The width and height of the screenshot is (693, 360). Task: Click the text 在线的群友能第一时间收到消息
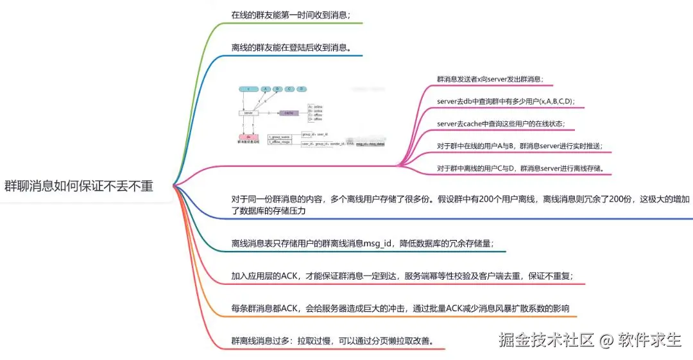tap(291, 15)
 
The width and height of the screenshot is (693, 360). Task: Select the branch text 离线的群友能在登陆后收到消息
tap(291, 47)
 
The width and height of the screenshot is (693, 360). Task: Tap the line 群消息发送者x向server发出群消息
tap(490, 80)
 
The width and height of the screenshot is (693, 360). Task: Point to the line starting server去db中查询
tap(506, 101)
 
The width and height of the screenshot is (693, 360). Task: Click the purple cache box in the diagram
tap(289, 113)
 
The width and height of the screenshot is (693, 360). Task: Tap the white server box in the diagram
tap(248, 113)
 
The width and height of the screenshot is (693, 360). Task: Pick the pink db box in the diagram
tap(248, 137)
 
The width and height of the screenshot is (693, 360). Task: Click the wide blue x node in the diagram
tap(248, 89)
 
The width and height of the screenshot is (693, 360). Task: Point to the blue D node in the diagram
tap(302, 89)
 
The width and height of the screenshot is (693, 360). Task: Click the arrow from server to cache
tap(268, 113)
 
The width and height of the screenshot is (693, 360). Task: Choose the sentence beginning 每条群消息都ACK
tap(400, 308)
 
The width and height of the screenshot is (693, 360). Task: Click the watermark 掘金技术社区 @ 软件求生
tap(590, 339)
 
